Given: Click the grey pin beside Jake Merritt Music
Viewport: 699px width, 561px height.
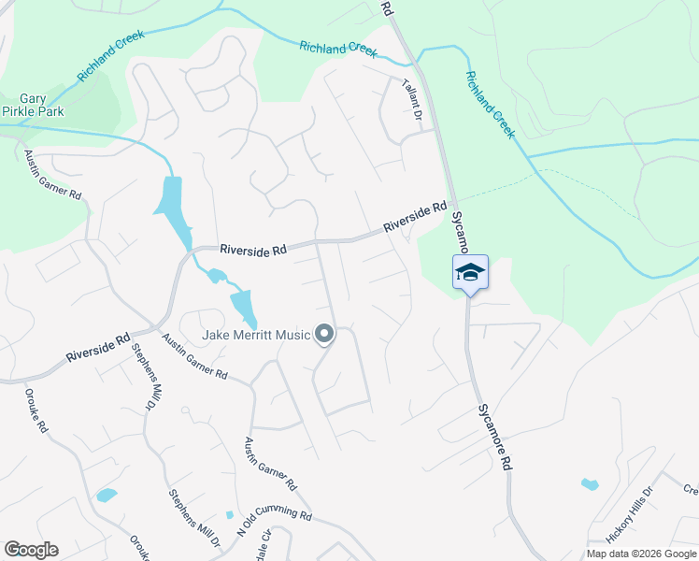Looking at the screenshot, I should [x=324, y=334].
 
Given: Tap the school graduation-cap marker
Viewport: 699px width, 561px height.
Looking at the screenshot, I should [x=470, y=273].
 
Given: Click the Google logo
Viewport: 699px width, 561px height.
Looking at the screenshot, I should [x=31, y=550].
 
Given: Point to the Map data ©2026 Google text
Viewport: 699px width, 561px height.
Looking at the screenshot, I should [x=640, y=554].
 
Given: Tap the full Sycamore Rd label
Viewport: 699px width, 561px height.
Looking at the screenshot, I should [x=493, y=437].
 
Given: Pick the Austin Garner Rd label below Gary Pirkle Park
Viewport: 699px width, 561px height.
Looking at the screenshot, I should [x=53, y=179].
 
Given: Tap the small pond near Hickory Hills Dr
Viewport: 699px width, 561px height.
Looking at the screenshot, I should [x=589, y=484].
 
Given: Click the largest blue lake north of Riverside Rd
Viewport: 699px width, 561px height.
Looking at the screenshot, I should [x=172, y=207].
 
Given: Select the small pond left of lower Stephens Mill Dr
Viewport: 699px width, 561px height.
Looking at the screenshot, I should [x=107, y=495].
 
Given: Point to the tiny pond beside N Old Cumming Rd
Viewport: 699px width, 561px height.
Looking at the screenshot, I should [x=230, y=514].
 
